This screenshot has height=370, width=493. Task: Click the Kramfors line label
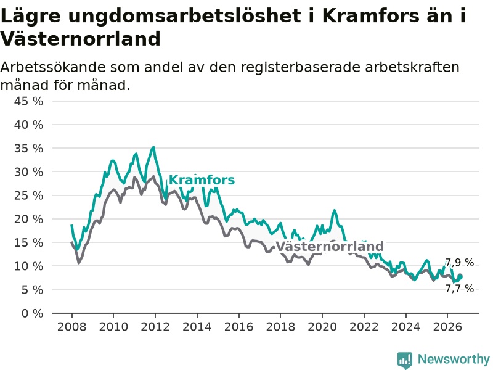(202, 180)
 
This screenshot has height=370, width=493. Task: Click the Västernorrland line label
(330, 246)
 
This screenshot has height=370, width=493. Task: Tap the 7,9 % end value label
(459, 263)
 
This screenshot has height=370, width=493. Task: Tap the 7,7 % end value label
(459, 288)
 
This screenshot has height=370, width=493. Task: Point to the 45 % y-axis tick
(28, 101)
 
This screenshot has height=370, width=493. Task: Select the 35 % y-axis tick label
(28, 148)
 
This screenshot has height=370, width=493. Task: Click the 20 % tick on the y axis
(28, 219)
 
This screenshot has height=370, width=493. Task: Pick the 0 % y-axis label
(32, 313)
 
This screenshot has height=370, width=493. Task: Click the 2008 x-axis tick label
(71, 327)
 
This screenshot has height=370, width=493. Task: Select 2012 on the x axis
(155, 327)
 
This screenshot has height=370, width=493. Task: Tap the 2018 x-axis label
(280, 327)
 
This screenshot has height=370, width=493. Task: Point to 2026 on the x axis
(447, 327)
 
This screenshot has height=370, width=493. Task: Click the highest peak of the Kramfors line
(153, 147)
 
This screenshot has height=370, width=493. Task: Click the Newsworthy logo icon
(405, 360)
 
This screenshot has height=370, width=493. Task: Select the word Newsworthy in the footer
(454, 359)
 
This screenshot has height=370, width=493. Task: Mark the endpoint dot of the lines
(460, 276)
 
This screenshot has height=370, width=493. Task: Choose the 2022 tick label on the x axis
(364, 327)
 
